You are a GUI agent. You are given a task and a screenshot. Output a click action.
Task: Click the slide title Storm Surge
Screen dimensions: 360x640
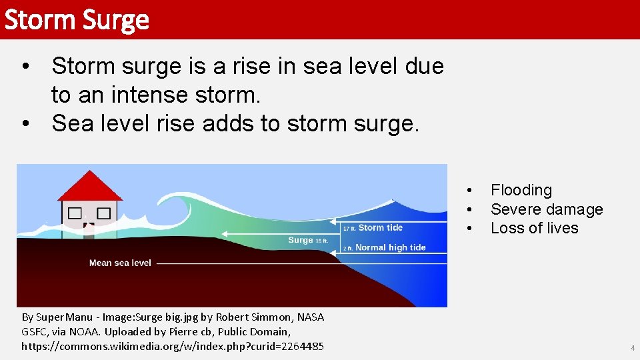coord(76,20)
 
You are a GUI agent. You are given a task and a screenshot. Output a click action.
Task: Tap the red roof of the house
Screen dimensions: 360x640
coord(89,187)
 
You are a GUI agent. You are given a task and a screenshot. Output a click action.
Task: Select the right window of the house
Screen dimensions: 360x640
coord(103,213)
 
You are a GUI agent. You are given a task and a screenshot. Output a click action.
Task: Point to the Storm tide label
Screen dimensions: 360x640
coord(381,228)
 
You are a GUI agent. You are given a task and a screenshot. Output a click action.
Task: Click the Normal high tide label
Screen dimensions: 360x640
coord(390,247)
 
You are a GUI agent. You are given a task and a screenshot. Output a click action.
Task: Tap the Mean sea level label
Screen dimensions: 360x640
coord(120,263)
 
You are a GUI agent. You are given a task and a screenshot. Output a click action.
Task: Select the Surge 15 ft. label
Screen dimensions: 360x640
coord(307,240)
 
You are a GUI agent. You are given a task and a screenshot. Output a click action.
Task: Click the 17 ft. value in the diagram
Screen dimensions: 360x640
coord(349,229)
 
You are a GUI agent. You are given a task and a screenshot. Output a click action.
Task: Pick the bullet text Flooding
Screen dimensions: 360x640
coord(521,191)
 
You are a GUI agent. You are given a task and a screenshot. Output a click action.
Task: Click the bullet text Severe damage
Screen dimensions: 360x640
coord(547,209)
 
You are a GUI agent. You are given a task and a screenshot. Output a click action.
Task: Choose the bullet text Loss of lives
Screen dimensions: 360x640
coord(534,228)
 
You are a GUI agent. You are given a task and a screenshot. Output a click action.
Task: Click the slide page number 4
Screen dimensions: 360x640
coord(633,348)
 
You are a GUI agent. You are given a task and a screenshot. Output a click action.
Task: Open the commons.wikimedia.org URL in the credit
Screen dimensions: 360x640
coord(173,346)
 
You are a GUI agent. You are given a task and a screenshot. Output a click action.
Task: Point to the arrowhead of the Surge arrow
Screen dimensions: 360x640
coord(224,234)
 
